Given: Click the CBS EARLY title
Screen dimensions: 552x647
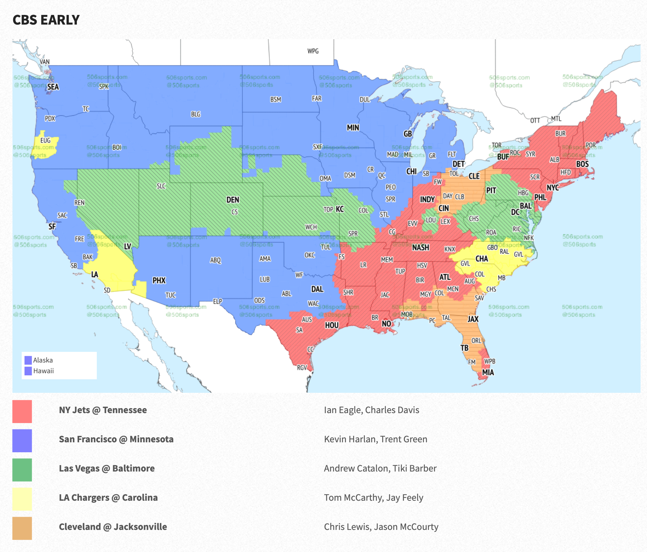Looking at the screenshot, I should pyautogui.click(x=46, y=20).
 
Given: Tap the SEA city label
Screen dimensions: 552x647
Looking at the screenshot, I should pyautogui.click(x=53, y=87).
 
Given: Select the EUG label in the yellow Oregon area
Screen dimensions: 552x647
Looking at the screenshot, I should pyautogui.click(x=45, y=141).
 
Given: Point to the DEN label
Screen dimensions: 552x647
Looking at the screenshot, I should pyautogui.click(x=233, y=200).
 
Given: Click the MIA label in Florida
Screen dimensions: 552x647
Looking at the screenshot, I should pyautogui.click(x=488, y=373).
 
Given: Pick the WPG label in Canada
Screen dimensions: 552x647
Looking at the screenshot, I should pyautogui.click(x=313, y=51).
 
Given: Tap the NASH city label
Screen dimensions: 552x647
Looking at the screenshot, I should pyautogui.click(x=420, y=248).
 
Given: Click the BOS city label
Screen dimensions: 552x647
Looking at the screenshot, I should pyautogui.click(x=582, y=164).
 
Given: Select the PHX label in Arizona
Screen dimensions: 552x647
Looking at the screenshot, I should pyautogui.click(x=159, y=281).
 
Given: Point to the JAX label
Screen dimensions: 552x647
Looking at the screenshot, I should pyautogui.click(x=473, y=319).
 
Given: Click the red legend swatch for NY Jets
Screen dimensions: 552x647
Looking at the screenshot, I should pyautogui.click(x=22, y=411).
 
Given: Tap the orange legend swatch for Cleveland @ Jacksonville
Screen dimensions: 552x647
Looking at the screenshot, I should pyautogui.click(x=22, y=528).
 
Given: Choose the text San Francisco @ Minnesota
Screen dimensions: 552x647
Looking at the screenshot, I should pyautogui.click(x=116, y=439).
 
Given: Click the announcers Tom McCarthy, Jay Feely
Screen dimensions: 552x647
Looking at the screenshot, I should pyautogui.click(x=373, y=498).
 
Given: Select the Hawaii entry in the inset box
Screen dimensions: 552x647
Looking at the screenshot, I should pyautogui.click(x=43, y=371).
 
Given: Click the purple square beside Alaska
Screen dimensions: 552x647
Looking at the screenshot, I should pyautogui.click(x=28, y=360).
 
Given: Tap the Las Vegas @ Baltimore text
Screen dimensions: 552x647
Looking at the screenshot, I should pyautogui.click(x=107, y=468).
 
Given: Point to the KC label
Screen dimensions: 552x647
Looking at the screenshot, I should pyautogui.click(x=340, y=209).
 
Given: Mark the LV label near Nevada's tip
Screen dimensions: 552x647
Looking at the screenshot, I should pyautogui.click(x=127, y=246).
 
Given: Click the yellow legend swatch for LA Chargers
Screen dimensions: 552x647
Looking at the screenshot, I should pyautogui.click(x=22, y=499).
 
